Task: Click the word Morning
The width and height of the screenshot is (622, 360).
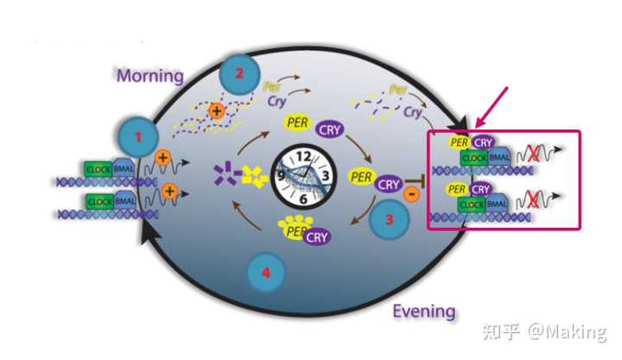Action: pos(151,76)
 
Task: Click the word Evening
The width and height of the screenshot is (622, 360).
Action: pos(423,312)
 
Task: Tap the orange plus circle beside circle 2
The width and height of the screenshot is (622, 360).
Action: pos(215,111)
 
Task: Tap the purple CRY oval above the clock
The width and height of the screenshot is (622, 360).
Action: pos(331,130)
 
